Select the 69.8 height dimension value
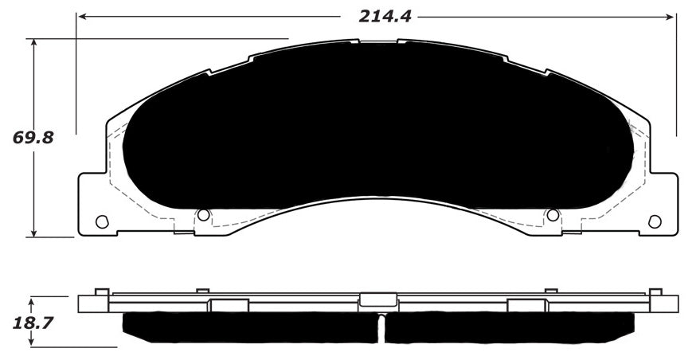coord(33,138)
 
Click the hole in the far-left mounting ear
coord(101,221)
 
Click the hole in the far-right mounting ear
coord(655,221)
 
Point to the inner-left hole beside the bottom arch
coord(203,215)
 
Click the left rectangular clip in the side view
coord(229,305)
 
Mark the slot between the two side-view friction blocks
coord(381,327)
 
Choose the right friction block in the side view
coord(510,327)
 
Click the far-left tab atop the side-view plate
coord(101,291)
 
